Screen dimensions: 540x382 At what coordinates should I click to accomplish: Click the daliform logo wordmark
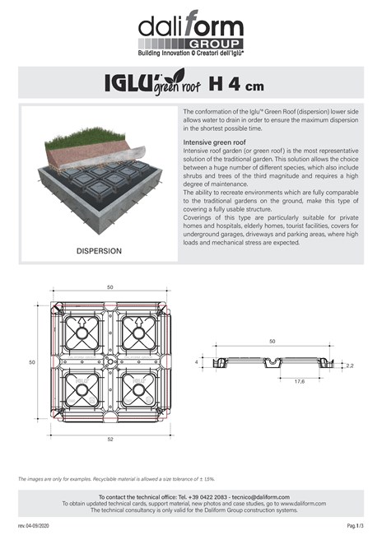pyautogui.click(x=190, y=25)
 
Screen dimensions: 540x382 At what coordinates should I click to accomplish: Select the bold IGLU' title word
pyautogui.click(x=125, y=83)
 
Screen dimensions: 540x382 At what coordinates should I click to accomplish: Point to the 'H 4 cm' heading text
pyautogui.click(x=236, y=83)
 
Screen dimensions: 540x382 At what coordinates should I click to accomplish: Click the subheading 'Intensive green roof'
pyautogui.click(x=212, y=142)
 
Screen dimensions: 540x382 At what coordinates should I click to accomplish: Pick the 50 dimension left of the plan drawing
pyautogui.click(x=32, y=361)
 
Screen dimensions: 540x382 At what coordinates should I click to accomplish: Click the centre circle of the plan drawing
pyautogui.click(x=109, y=361)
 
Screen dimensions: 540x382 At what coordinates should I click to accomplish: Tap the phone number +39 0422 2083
pyautogui.click(x=196, y=497)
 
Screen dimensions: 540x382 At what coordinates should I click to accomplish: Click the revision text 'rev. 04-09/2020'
pyautogui.click(x=34, y=524)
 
